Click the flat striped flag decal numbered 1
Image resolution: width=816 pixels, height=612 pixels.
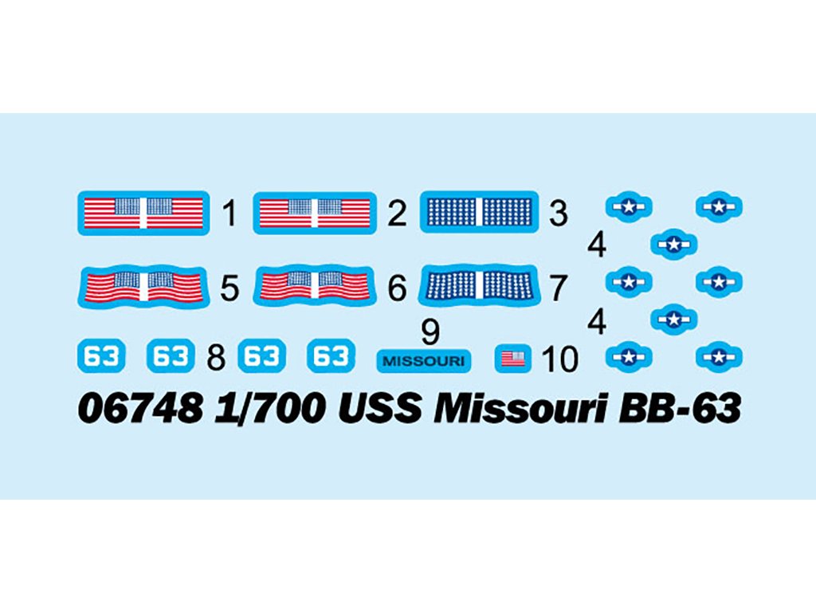(142, 213)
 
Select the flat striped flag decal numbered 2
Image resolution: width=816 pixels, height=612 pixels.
(314, 213)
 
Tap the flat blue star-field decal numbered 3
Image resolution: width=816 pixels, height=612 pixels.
(479, 212)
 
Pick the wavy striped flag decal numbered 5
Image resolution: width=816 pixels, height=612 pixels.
(142, 286)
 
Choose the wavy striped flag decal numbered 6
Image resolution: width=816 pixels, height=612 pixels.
(314, 286)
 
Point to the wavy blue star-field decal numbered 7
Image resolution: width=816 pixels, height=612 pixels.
(479, 285)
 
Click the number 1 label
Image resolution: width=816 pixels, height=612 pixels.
(230, 214)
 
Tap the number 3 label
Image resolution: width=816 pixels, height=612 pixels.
(559, 214)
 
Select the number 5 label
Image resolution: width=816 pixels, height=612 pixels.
(229, 288)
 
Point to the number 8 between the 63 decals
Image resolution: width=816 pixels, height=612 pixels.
(215, 358)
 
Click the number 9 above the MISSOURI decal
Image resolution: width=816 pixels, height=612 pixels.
(430, 331)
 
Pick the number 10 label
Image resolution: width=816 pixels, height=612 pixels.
(559, 359)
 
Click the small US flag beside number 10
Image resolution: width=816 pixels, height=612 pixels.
(512, 359)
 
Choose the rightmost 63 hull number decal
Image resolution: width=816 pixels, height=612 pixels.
(330, 356)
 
